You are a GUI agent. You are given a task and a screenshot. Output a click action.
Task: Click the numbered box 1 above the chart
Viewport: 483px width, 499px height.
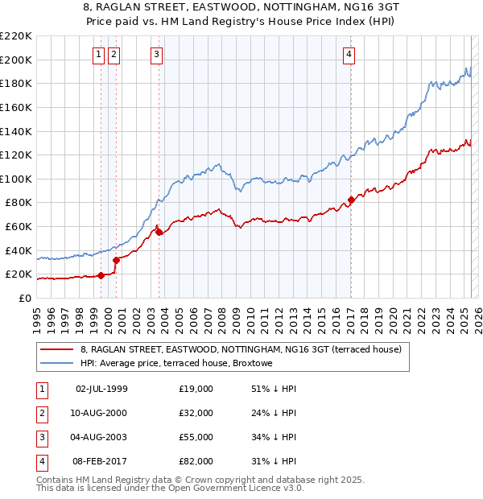click(x=98, y=55)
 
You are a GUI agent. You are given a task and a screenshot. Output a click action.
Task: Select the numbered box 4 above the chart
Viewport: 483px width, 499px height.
click(x=349, y=55)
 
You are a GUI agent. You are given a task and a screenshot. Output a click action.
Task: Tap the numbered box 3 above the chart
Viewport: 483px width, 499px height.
click(x=156, y=55)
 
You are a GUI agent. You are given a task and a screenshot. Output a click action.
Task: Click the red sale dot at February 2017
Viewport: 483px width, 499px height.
click(x=351, y=200)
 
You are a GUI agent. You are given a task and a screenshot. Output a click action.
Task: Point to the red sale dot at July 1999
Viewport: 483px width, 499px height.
click(x=101, y=275)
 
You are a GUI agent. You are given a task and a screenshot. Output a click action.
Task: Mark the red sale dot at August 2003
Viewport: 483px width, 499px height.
click(x=159, y=232)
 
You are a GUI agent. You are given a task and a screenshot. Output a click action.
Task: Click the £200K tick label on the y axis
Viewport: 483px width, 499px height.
click(x=16, y=60)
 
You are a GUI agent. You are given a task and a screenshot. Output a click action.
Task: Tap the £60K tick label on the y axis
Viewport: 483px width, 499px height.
click(x=19, y=227)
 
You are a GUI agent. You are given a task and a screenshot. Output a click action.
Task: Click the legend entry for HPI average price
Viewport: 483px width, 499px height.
click(x=176, y=363)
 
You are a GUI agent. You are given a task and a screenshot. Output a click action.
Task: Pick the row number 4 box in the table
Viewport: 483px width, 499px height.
click(x=42, y=461)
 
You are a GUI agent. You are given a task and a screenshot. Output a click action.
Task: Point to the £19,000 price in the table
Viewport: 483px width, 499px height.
click(x=196, y=389)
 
